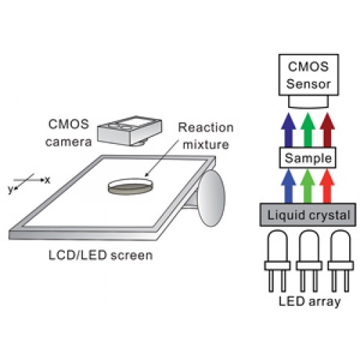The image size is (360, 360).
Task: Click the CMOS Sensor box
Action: click(x=309, y=75)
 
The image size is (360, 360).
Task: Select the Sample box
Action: click(x=308, y=158)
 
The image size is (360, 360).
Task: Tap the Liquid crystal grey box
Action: click(x=308, y=215)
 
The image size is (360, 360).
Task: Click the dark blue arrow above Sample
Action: click(x=289, y=130)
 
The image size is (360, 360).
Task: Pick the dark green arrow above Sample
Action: click(x=308, y=130)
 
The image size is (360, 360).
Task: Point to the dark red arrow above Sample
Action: click(x=328, y=130)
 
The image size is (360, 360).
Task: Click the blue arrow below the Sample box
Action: click(x=289, y=186)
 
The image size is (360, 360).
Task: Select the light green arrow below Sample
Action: click(x=308, y=186)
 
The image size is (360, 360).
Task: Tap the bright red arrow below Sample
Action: click(x=328, y=186)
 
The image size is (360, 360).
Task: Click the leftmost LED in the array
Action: click(x=277, y=261)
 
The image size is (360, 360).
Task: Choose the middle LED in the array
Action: click(x=309, y=261)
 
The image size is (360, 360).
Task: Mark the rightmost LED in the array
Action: click(x=341, y=261)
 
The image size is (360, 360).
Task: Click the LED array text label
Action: click(x=310, y=302)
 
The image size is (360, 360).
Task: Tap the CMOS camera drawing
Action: click(x=130, y=131)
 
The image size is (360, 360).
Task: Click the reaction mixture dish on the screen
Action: click(x=130, y=186)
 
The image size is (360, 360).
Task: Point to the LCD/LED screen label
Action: click(x=101, y=256)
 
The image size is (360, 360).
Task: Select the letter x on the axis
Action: click(x=48, y=180)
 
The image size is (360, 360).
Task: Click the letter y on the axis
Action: click(x=10, y=190)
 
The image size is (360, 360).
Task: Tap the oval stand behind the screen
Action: click(x=211, y=198)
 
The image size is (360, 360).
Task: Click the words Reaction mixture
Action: click(x=206, y=136)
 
